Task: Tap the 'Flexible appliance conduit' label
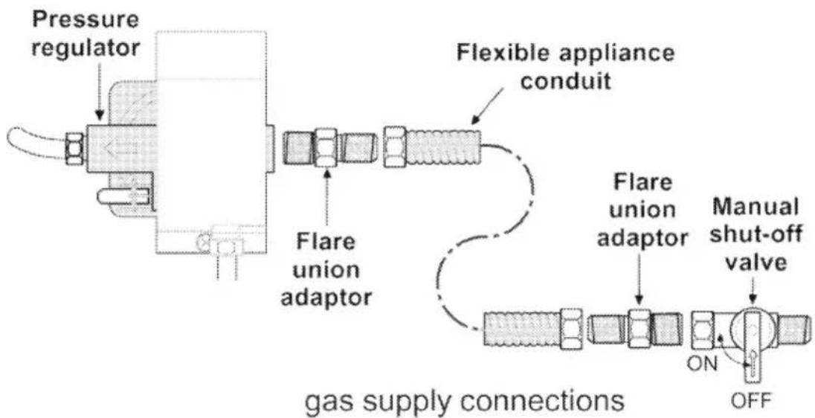566,68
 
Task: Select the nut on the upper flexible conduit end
396,147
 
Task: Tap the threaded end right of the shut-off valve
795,328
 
